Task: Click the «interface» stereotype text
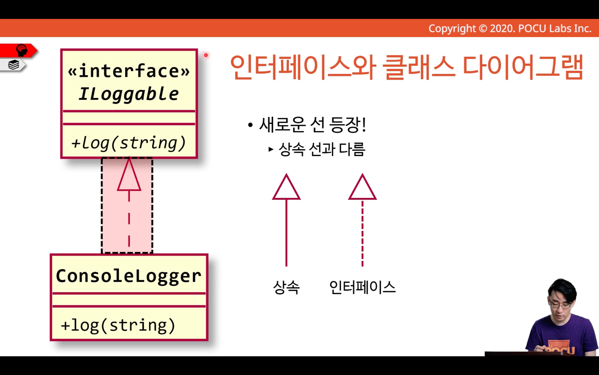point(129,71)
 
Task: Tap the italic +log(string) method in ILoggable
point(128,143)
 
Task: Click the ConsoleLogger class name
point(129,276)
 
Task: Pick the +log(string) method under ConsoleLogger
point(118,325)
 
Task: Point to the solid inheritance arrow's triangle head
point(286,187)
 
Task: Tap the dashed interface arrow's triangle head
point(362,187)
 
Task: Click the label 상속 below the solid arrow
point(286,287)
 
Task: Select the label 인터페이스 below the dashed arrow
point(362,287)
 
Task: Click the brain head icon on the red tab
point(22,50)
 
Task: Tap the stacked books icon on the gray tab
point(13,65)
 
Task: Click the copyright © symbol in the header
point(483,29)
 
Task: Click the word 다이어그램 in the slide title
point(523,67)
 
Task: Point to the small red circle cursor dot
point(206,55)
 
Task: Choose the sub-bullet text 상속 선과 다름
point(322,149)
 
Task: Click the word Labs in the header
point(561,29)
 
